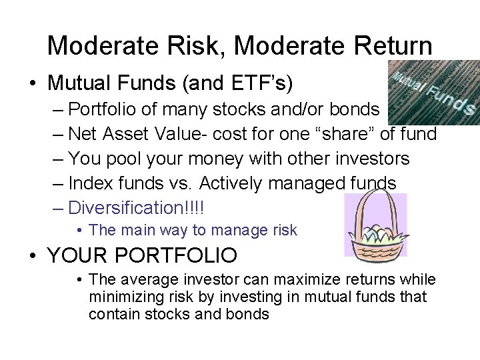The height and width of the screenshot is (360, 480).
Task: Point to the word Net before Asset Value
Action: [x=84, y=134]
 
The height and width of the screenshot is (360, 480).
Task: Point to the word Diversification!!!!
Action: [x=137, y=208]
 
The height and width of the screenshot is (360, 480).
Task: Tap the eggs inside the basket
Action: [x=375, y=233]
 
